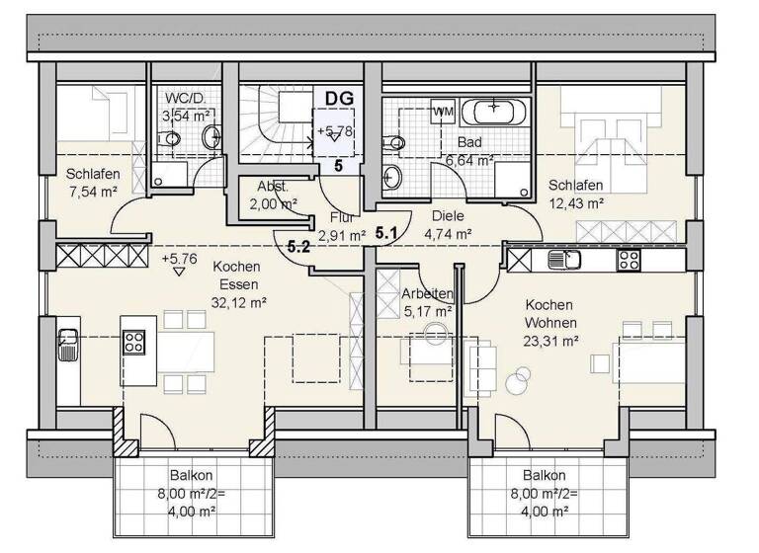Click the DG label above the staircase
[x=339, y=99]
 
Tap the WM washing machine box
[x=442, y=112]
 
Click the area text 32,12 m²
[x=236, y=303]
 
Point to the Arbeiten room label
[x=427, y=293]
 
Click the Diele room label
[x=448, y=215]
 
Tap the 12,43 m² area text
[x=576, y=203]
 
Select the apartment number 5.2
[x=299, y=248]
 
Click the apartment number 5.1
[x=385, y=233]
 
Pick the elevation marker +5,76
[x=178, y=259]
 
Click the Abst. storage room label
[x=272, y=187]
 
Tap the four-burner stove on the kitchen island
[x=133, y=342]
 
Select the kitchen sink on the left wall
[x=68, y=345]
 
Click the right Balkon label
[x=547, y=474]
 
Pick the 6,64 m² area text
[x=468, y=159]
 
